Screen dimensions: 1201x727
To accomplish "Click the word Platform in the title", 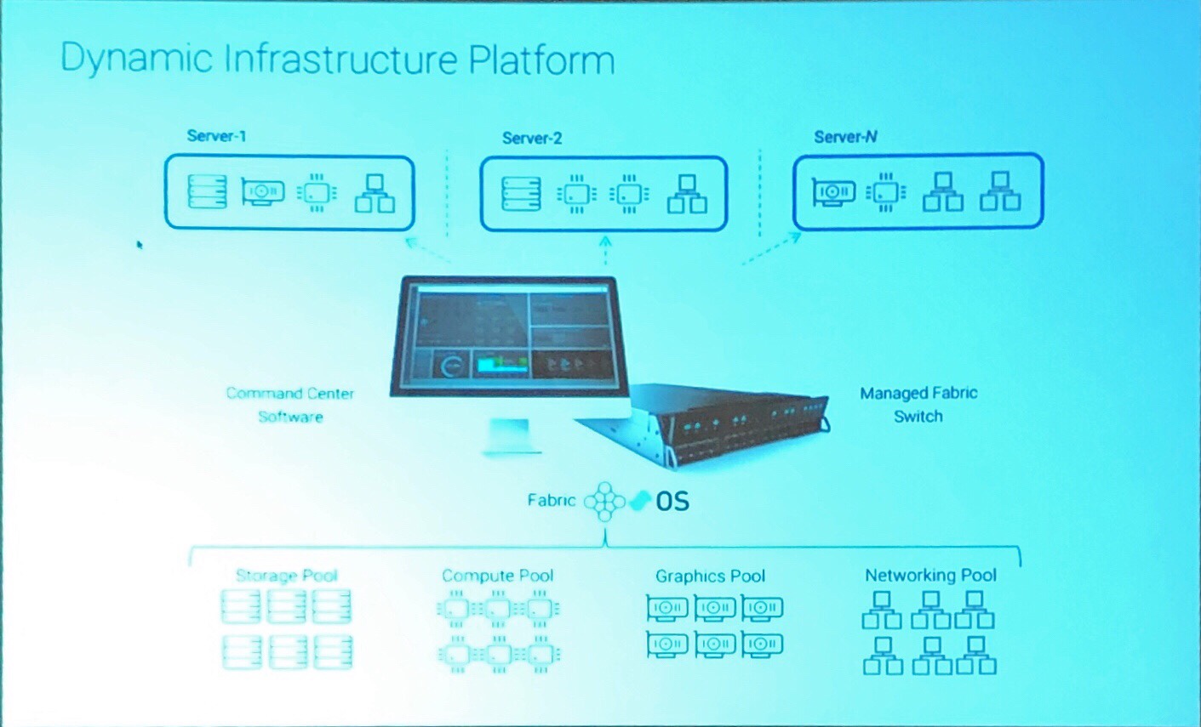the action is pyautogui.click(x=541, y=60).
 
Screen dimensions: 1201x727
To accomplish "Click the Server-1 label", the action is pyautogui.click(x=216, y=136).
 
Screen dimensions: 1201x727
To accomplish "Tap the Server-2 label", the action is pyautogui.click(x=532, y=139).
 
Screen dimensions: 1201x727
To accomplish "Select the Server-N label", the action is pyautogui.click(x=845, y=137).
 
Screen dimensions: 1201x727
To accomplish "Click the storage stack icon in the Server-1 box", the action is pyautogui.click(x=208, y=191).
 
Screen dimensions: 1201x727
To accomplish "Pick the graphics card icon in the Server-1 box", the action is pyautogui.click(x=263, y=192).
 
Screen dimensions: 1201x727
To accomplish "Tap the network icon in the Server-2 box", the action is pyautogui.click(x=687, y=194).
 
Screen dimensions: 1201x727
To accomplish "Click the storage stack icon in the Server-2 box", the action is pyautogui.click(x=521, y=194).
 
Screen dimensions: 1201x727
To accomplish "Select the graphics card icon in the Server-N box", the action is pyautogui.click(x=834, y=192).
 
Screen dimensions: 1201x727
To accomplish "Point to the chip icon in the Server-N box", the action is pyautogui.click(x=886, y=192).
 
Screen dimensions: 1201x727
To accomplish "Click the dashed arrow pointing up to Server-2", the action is pyautogui.click(x=605, y=250).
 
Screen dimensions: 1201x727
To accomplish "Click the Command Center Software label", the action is pyautogui.click(x=290, y=405).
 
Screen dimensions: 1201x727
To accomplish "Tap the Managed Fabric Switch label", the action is pyautogui.click(x=918, y=405).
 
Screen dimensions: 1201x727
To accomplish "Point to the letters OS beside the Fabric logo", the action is pyautogui.click(x=672, y=502).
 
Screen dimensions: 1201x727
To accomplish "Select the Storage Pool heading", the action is pyautogui.click(x=287, y=576).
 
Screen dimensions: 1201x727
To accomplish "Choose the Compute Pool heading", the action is pyautogui.click(x=498, y=576).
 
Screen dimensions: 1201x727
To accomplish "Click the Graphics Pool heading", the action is pyautogui.click(x=710, y=576).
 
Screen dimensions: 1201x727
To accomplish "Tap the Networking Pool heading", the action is pyautogui.click(x=931, y=575).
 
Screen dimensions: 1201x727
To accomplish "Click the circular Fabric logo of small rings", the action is pyautogui.click(x=605, y=502).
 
